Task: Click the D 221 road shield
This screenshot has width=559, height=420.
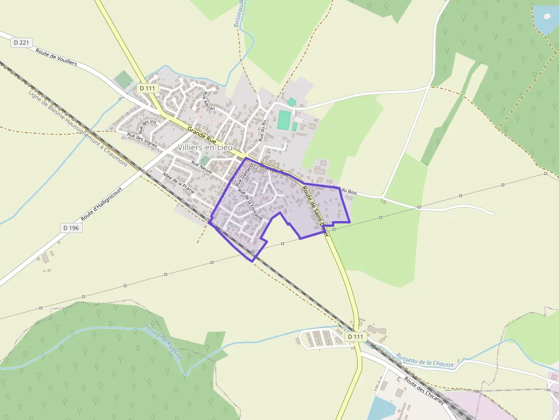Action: coord(21,42)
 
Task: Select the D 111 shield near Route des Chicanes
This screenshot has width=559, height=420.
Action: coord(355,337)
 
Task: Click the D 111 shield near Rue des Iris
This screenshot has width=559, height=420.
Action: coord(147,88)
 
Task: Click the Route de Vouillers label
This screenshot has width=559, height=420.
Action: coord(56,58)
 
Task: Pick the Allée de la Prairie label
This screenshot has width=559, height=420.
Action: coord(178,183)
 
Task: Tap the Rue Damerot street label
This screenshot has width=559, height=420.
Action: coord(241,174)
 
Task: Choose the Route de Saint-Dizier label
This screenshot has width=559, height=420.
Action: coord(315,206)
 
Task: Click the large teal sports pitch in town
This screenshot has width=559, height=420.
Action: coord(284,120)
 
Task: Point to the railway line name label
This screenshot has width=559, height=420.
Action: coord(77,128)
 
